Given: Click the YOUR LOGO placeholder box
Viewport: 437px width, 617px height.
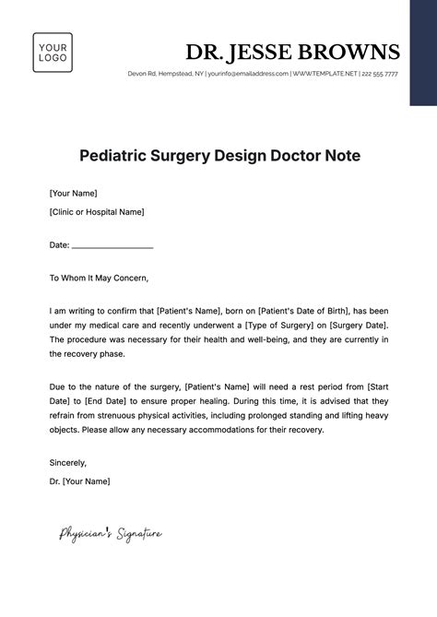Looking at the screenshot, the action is pos(53,53).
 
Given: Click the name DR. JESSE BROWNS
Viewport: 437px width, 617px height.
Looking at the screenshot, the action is pos(292,51).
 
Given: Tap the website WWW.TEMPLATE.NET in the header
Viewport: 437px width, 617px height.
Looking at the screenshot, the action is pos(325,74).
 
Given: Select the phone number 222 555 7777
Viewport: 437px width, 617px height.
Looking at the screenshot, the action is pos(380,74).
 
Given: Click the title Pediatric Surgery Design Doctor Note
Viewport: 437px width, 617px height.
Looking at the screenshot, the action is pos(218,155).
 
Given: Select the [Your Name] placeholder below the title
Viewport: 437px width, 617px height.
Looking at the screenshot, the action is pos(73,194).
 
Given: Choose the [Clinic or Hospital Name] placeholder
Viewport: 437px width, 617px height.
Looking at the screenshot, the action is pos(97,211).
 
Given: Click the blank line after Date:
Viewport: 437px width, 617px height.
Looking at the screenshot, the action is pos(112,245).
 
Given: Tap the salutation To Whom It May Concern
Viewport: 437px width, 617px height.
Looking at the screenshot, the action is pos(99,278).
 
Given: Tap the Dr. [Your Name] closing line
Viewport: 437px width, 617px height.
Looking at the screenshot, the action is pos(79,481).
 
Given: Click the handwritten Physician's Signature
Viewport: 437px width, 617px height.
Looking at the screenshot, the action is pos(111,532).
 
